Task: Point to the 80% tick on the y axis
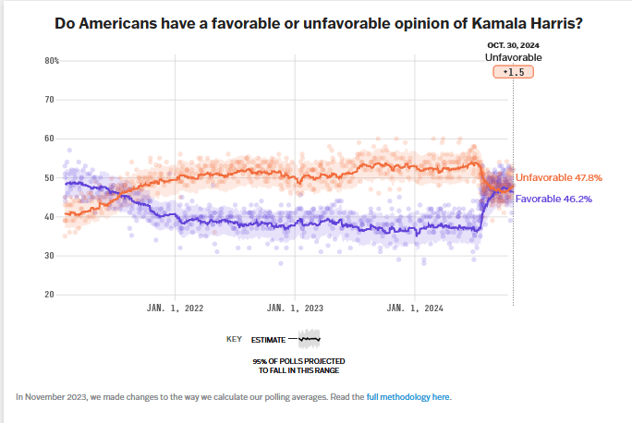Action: [52, 61]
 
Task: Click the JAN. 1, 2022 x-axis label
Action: [175, 308]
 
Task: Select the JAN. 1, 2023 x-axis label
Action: [295, 308]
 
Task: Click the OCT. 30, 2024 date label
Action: [514, 45]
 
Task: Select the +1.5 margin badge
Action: [514, 71]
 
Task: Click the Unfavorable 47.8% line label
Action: [559, 177]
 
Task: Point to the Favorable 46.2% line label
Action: [553, 199]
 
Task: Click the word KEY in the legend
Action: [235, 339]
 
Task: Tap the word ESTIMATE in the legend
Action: [269, 339]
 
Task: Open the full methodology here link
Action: [408, 396]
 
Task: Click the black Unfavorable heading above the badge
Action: [514, 57]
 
